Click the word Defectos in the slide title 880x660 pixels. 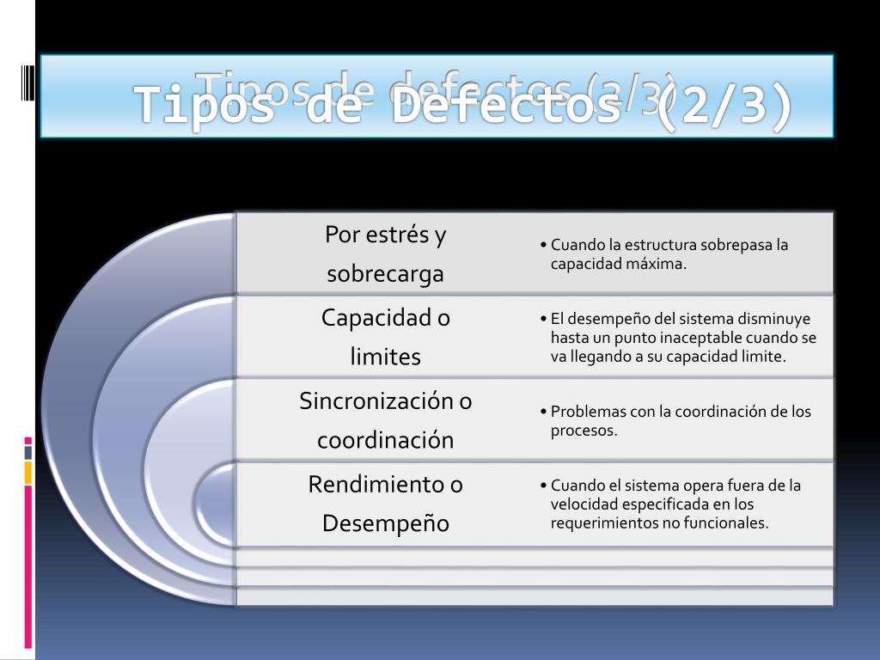click(504, 107)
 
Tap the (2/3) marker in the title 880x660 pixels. click(724, 107)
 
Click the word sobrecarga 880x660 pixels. click(385, 274)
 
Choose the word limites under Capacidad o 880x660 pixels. click(385, 357)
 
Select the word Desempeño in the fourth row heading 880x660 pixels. click(385, 523)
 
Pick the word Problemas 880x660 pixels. click(590, 412)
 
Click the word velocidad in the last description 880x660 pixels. click(584, 504)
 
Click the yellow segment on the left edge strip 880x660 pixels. click(28, 472)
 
